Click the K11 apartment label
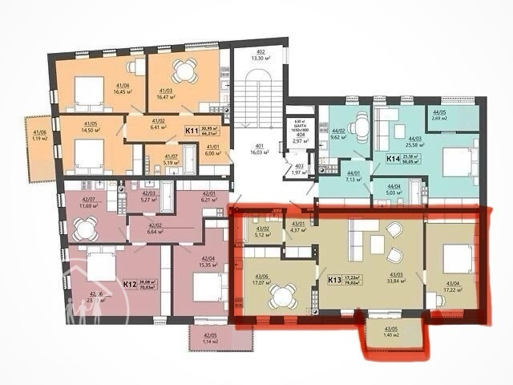point(192,130)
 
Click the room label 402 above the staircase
point(261,51)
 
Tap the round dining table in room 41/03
point(186,71)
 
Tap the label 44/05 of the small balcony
point(438,113)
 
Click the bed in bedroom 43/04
point(455,259)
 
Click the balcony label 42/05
point(211,335)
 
